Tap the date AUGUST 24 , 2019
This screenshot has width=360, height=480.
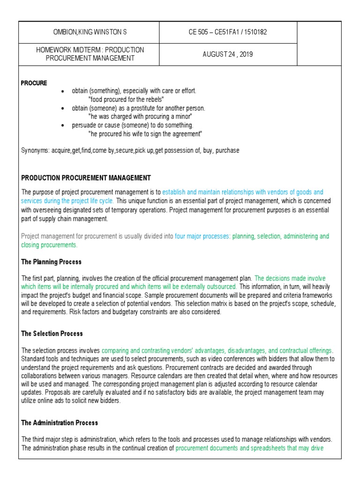pos(227,54)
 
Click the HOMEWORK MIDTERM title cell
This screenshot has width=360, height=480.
pos(90,54)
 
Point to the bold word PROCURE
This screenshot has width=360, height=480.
pos(34,83)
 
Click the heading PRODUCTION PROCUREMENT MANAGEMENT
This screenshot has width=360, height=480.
pos(86,178)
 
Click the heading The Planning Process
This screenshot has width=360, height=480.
pos(52,262)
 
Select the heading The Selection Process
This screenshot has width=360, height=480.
pos(52,333)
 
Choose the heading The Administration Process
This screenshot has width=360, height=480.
pos(60,422)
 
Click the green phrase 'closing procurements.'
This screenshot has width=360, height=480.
pos(49,245)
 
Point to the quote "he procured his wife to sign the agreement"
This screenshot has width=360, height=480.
pos(145,134)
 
